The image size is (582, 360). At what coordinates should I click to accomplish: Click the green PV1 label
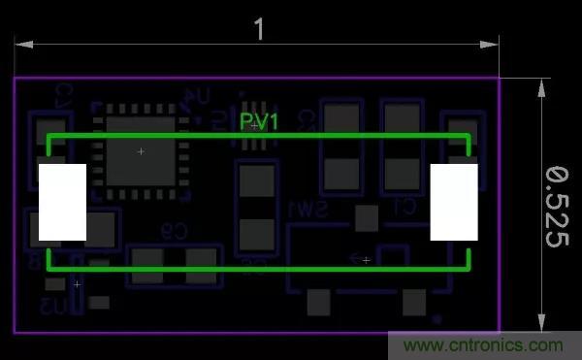(259, 122)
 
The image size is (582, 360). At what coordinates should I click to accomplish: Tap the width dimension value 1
(259, 29)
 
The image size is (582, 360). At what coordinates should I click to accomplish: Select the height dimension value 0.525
(555, 207)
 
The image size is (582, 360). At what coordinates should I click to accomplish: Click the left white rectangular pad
(62, 202)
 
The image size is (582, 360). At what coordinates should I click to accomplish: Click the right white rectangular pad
(454, 202)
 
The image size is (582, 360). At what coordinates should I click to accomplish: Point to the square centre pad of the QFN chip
(141, 152)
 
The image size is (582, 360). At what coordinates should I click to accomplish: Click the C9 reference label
(173, 231)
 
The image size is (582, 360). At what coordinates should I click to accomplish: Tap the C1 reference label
(404, 207)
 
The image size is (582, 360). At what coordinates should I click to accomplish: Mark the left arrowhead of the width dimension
(18, 44)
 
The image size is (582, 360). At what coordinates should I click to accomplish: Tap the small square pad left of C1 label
(366, 217)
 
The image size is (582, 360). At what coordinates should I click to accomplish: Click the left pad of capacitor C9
(147, 264)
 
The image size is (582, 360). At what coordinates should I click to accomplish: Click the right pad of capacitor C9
(204, 264)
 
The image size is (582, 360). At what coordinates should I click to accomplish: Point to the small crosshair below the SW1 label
(366, 259)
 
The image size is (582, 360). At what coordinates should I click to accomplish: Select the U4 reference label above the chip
(198, 96)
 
